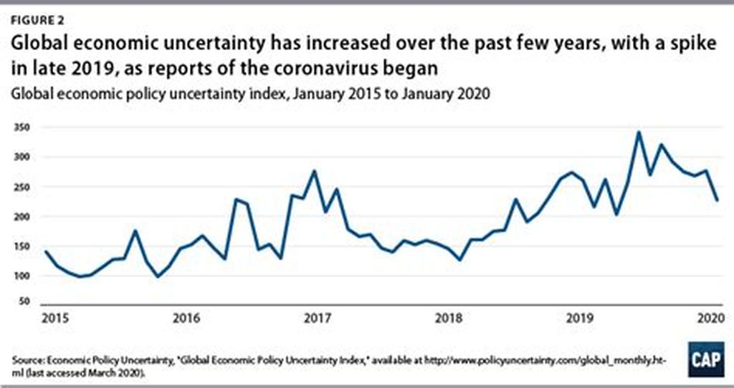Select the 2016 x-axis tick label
[186, 317]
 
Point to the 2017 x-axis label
[315, 317]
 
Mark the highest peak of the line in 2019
[638, 132]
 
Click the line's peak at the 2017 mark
[315, 171]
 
